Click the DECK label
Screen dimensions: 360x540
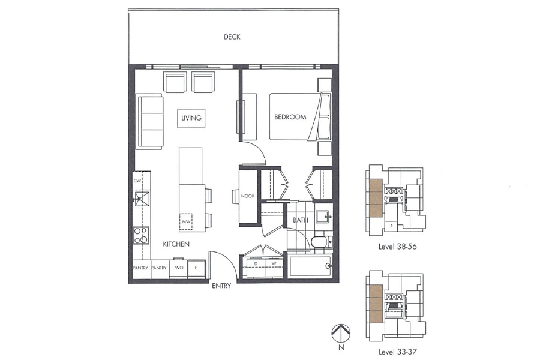tap(232, 37)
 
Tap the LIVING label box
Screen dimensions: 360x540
tap(191, 118)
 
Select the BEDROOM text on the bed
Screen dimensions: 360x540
tap(290, 117)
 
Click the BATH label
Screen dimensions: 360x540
tap(300, 220)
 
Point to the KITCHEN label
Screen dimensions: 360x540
tap(176, 244)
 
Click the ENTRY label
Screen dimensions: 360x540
tap(221, 286)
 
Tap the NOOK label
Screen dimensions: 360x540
tap(248, 196)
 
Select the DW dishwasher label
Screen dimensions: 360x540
tap(137, 180)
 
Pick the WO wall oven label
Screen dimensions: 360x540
tap(179, 268)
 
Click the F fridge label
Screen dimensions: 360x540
tap(196, 268)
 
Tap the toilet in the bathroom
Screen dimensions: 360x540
tap(320, 242)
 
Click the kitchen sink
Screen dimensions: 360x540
tap(142, 199)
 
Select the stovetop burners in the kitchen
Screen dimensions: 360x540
tap(141, 236)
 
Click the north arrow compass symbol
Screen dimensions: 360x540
tap(341, 332)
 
